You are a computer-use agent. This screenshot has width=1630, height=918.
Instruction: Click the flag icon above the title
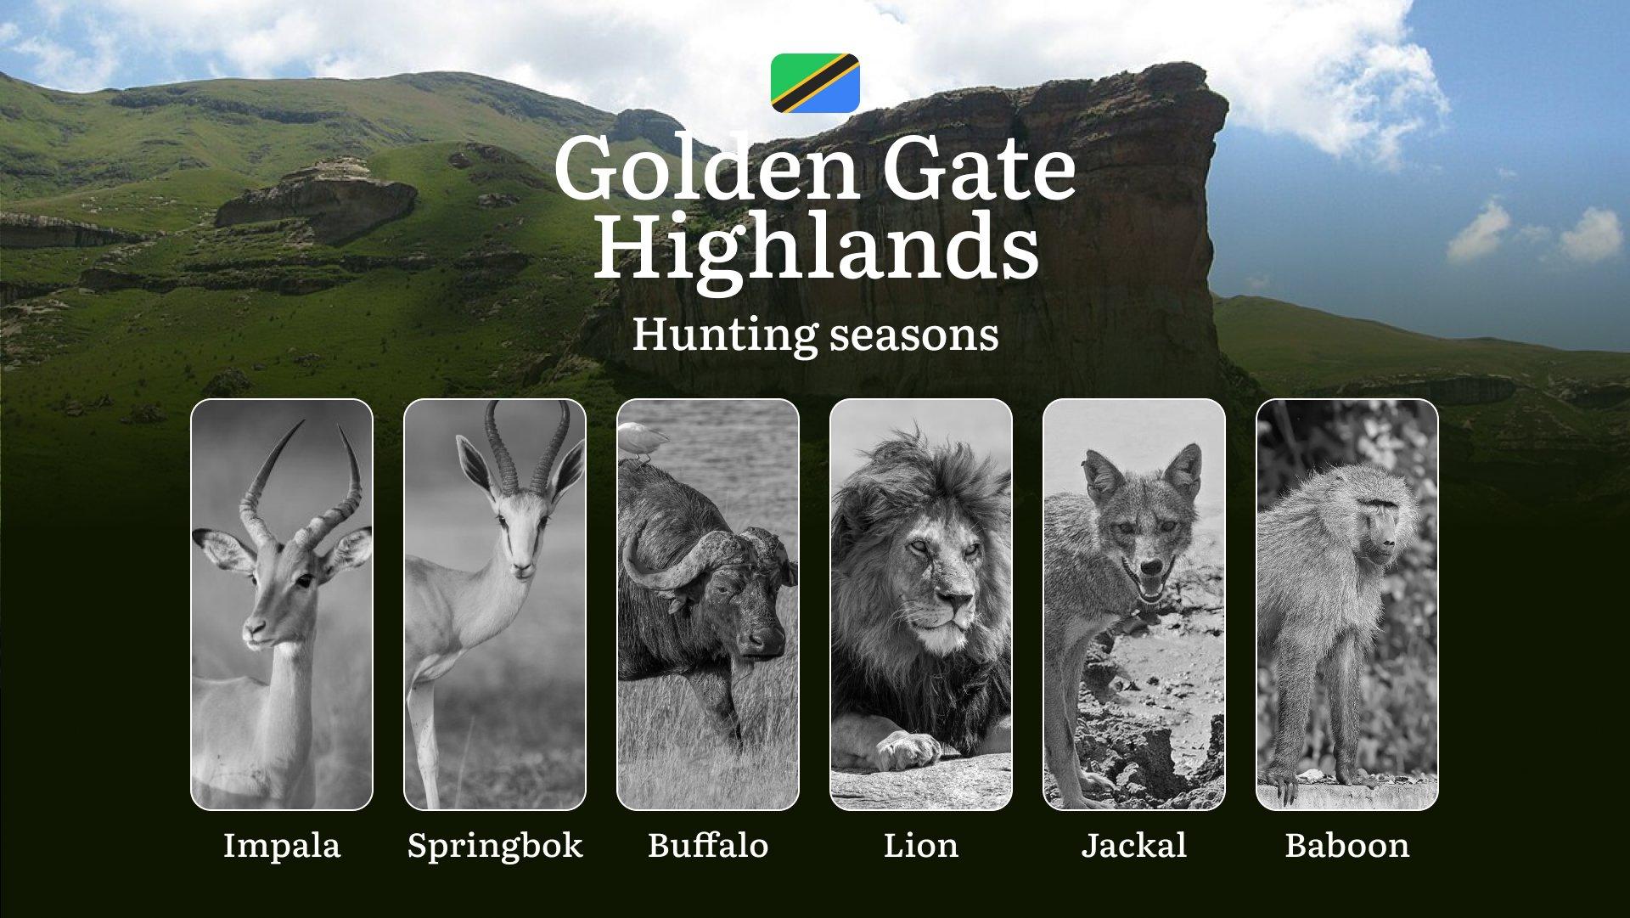click(x=815, y=83)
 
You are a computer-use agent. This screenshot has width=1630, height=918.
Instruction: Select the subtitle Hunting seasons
click(x=815, y=334)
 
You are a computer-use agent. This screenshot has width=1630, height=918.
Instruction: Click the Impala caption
click(x=282, y=845)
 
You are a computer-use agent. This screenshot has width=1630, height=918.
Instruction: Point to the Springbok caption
click(x=495, y=846)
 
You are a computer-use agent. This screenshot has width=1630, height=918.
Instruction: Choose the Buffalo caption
click(x=708, y=845)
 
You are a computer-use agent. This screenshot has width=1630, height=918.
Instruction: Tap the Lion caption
click(x=921, y=845)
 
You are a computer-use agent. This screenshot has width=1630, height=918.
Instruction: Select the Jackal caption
click(x=1134, y=845)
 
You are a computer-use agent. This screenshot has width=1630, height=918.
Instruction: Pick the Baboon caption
click(x=1347, y=845)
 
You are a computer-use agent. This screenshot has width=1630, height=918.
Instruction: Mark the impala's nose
click(x=254, y=629)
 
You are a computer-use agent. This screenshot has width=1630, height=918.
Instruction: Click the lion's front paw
click(x=907, y=749)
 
